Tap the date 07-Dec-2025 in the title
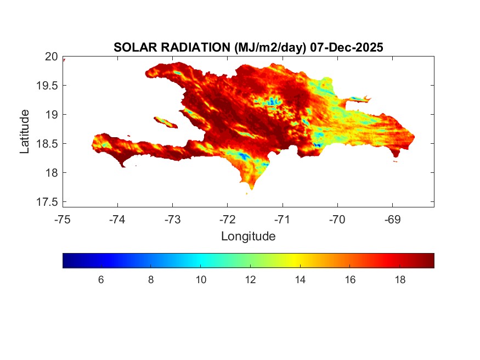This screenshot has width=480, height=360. coord(346,48)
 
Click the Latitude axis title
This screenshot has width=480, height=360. coord(25,131)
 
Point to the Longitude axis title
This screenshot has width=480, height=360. coord(248,237)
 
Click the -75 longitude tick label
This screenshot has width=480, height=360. coord(63,220)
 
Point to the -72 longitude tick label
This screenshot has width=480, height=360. coord(228,220)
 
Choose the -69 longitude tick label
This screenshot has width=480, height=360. coord(392,220)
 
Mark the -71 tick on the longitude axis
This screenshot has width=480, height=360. coord(283,220)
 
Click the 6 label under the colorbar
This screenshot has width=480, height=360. coord(101,280)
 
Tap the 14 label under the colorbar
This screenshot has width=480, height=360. coord(300,280)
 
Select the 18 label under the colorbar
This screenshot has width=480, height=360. coord(400,280)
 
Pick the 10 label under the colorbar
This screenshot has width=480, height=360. coord(201,280)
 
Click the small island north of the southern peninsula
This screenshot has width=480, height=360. coord(166,122)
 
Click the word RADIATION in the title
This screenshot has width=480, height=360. coord(190,48)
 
